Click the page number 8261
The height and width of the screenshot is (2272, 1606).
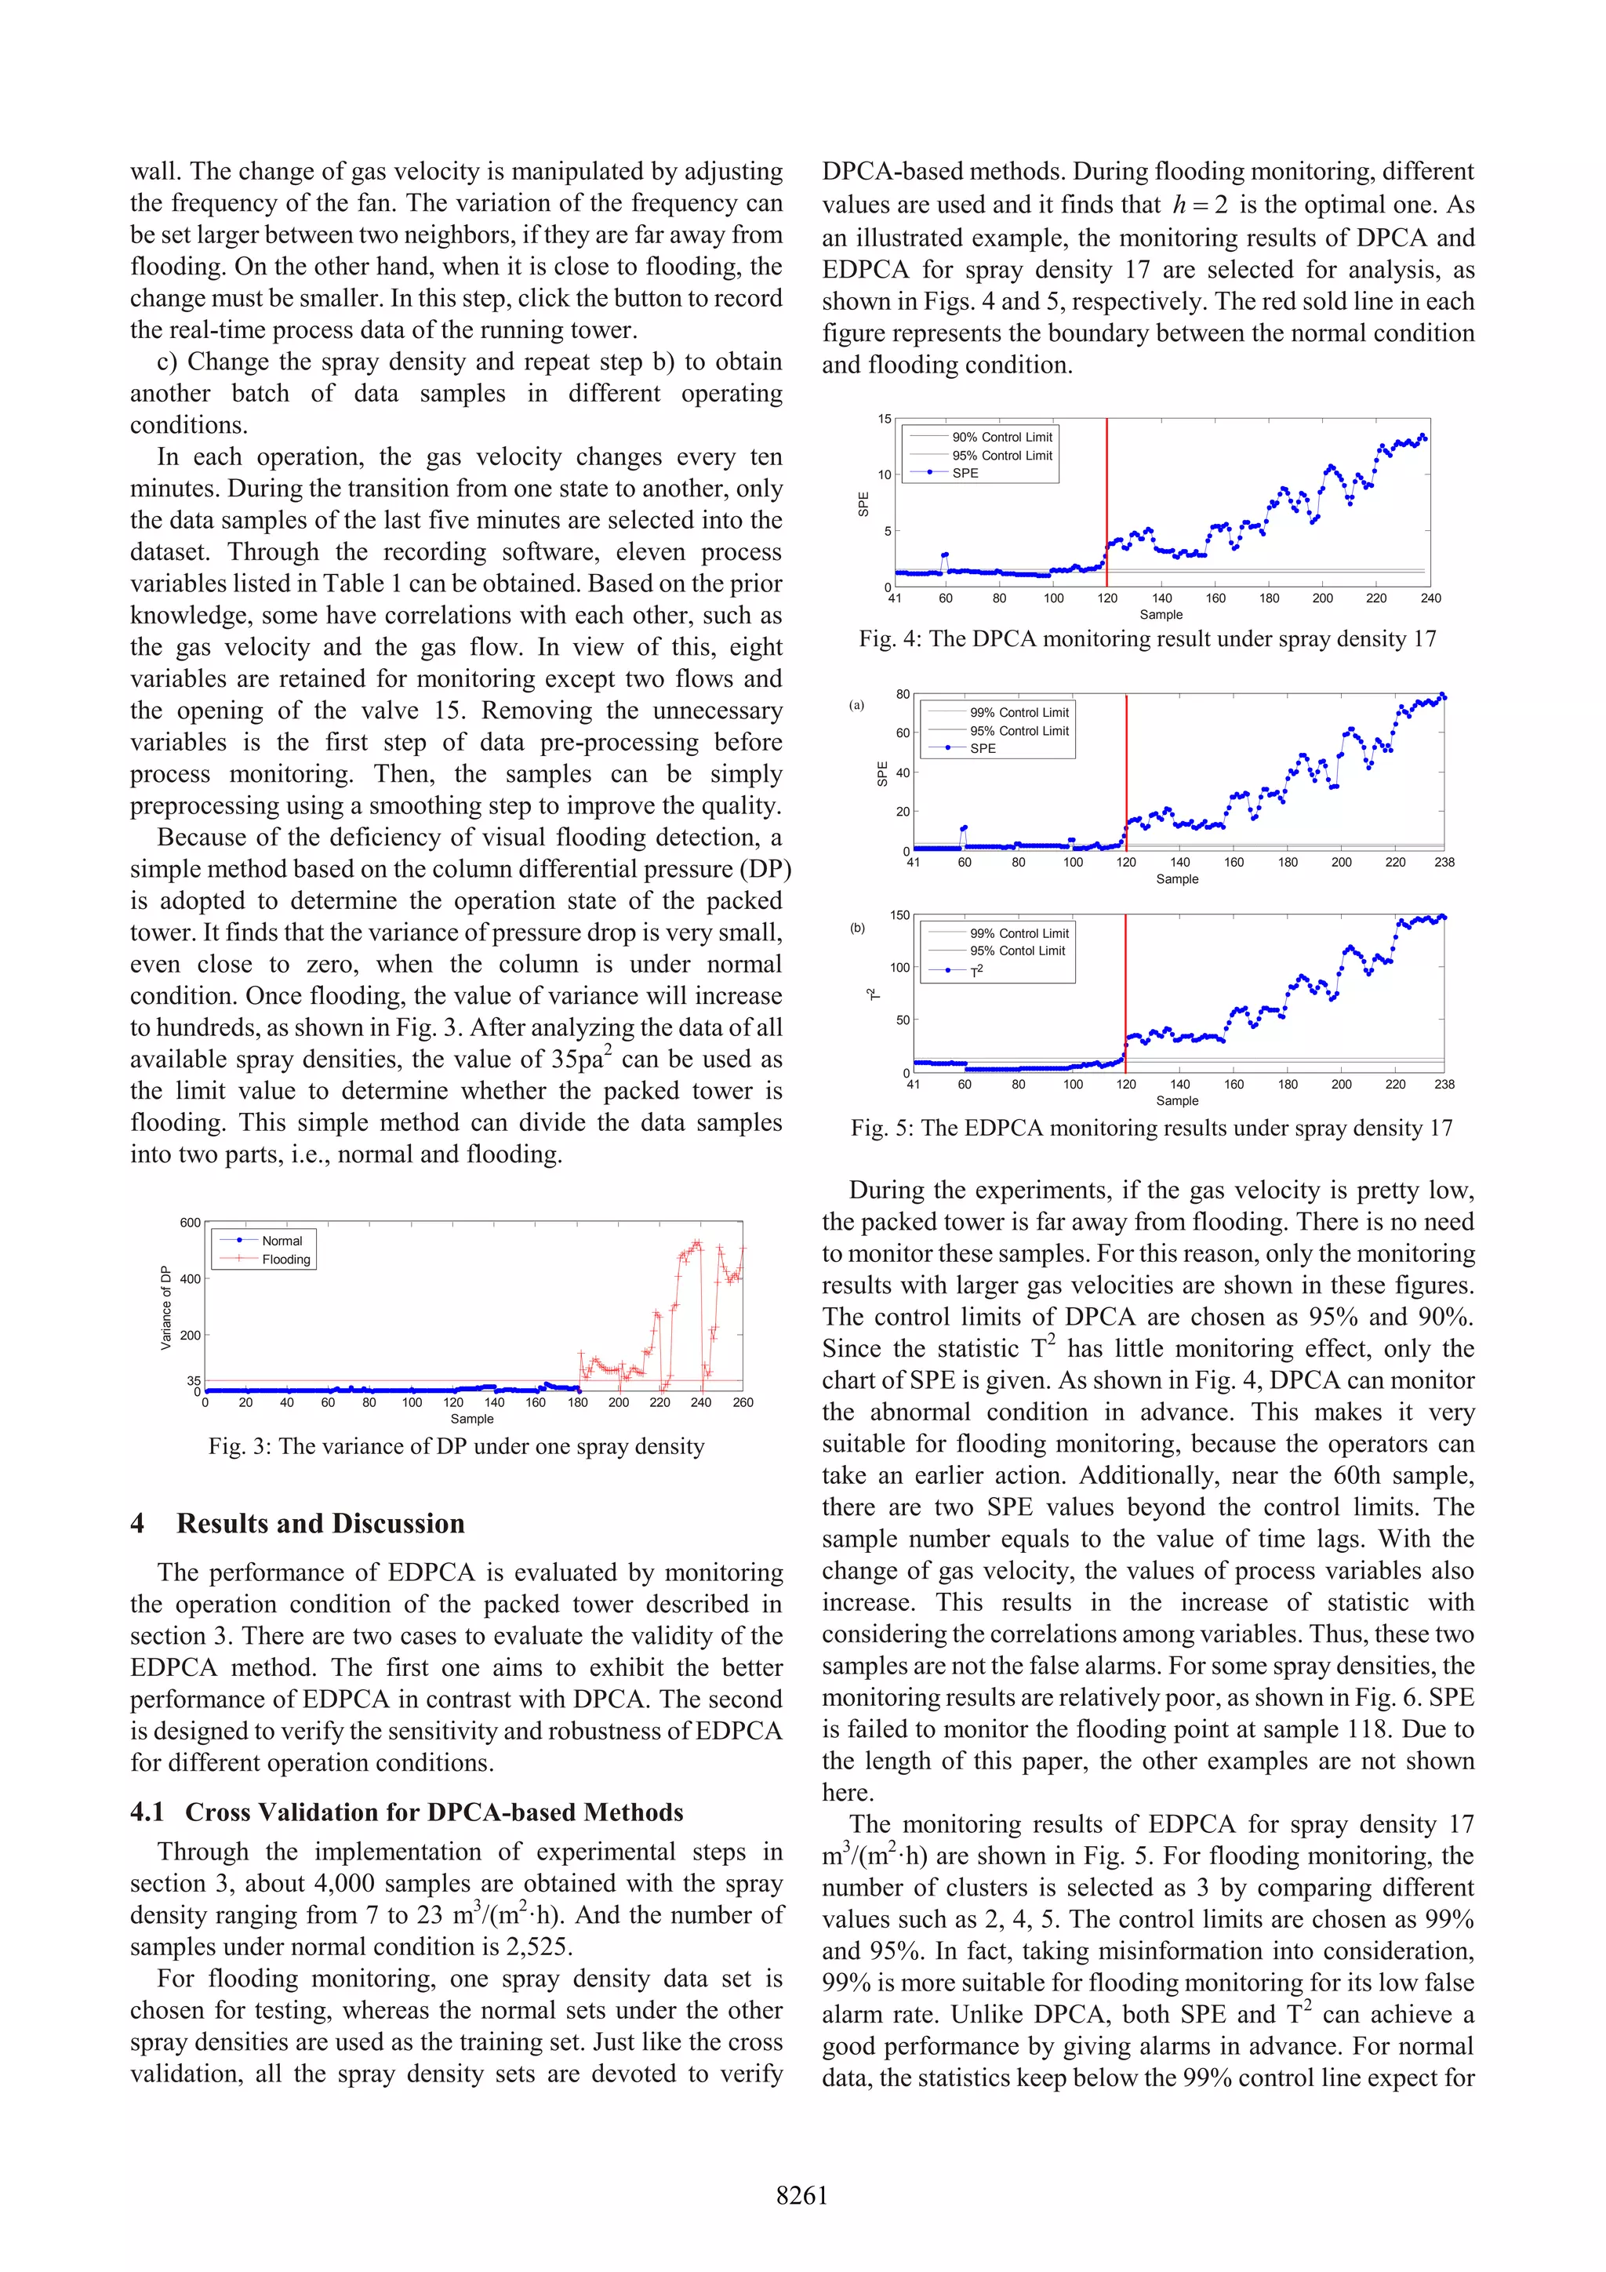click(801, 2195)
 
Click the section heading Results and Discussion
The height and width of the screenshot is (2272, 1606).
click(320, 1523)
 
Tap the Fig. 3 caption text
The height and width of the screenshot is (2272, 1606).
click(456, 1447)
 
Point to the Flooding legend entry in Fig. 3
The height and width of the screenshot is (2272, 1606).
click(285, 1260)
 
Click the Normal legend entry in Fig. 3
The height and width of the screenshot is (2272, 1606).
click(282, 1241)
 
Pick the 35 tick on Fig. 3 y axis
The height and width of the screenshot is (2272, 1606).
click(194, 1380)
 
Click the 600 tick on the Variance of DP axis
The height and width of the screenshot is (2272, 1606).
click(190, 1223)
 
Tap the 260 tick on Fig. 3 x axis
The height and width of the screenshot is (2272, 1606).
click(742, 1402)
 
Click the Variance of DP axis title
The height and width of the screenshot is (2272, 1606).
click(166, 1307)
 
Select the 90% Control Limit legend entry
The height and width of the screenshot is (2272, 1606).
click(1001, 438)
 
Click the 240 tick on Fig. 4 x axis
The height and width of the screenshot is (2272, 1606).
click(1430, 598)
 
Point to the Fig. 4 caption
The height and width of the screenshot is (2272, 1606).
click(1146, 639)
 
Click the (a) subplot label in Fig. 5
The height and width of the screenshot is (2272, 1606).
click(857, 706)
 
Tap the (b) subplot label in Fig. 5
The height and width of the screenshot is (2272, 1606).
click(857, 929)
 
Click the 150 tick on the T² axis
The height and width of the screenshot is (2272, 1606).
click(899, 915)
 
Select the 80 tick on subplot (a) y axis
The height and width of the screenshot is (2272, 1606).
click(903, 695)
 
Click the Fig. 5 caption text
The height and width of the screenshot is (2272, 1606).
click(1151, 1128)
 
